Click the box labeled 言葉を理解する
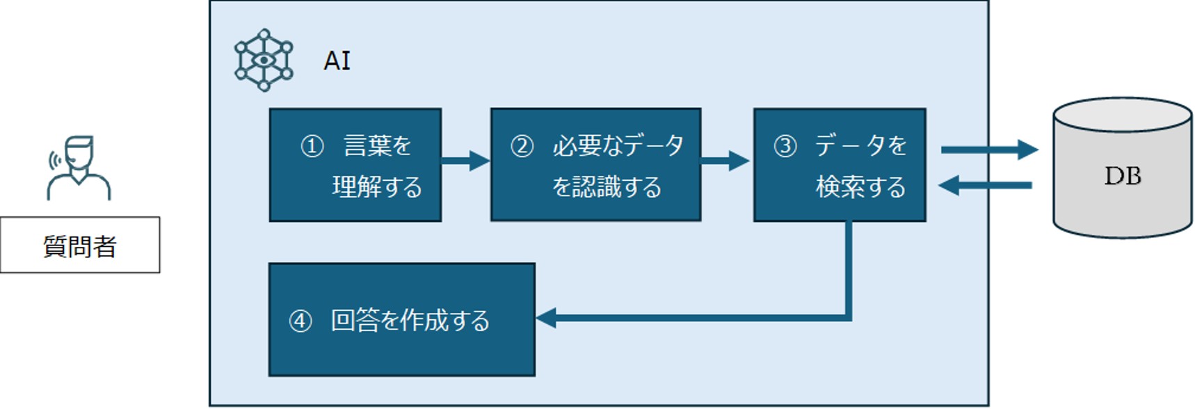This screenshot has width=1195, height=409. pyautogui.click(x=355, y=166)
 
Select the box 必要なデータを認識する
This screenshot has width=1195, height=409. pyautogui.click(x=595, y=166)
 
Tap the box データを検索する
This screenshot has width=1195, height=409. pyautogui.click(x=840, y=166)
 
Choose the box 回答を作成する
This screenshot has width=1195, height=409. pyautogui.click(x=401, y=320)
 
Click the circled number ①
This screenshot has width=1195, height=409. pyautogui.click(x=312, y=146)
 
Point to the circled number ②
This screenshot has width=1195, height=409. pyautogui.click(x=522, y=146)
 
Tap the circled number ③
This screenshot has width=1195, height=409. pyautogui.click(x=785, y=146)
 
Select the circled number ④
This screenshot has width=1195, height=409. pyautogui.click(x=300, y=321)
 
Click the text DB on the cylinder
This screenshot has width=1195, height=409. pyautogui.click(x=1122, y=176)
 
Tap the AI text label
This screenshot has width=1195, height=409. pyautogui.click(x=337, y=61)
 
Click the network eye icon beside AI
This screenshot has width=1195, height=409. pyautogui.click(x=264, y=60)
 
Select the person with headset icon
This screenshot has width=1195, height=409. pyautogui.click(x=79, y=168)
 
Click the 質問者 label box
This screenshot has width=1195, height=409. pyautogui.click(x=79, y=246)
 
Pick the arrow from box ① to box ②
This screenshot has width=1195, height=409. pyautogui.click(x=465, y=161)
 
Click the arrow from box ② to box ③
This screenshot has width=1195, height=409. pyautogui.click(x=724, y=161)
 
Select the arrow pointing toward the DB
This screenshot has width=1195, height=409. pyautogui.click(x=988, y=150)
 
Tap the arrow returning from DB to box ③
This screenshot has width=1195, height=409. pyautogui.click(x=984, y=185)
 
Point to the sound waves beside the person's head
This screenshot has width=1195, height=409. pyautogui.click(x=52, y=161)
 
